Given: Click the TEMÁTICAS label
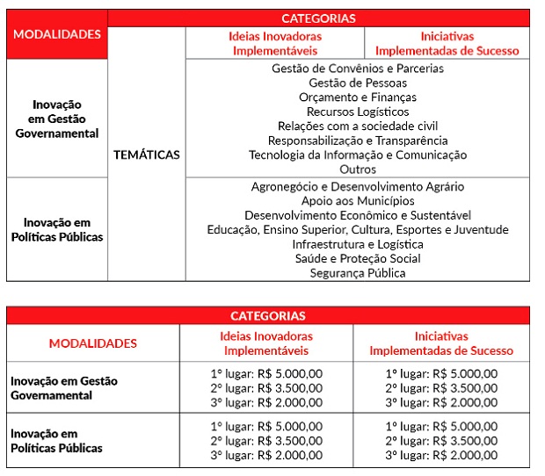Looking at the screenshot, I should [x=146, y=155].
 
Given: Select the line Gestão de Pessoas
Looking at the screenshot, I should [x=358, y=83].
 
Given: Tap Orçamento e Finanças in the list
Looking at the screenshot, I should [x=358, y=97].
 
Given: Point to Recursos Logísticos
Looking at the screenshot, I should [x=358, y=112].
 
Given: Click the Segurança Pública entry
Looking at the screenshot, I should [x=358, y=273].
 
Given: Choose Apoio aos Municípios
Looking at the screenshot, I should [x=358, y=201].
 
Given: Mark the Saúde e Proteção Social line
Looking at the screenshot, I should [x=358, y=258].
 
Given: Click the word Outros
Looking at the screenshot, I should [x=358, y=169].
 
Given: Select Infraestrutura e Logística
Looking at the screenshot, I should [x=358, y=244].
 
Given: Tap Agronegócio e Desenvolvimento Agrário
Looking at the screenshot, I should [x=358, y=187].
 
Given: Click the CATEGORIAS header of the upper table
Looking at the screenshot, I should [x=318, y=18].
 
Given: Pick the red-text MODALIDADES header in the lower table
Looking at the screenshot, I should [x=92, y=343].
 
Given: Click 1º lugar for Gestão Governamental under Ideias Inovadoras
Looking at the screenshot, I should [x=266, y=374].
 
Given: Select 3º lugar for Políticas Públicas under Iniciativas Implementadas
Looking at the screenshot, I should [x=441, y=455].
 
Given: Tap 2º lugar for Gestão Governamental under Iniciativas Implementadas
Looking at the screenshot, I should [x=441, y=388].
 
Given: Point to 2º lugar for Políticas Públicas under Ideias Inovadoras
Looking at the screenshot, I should [x=266, y=441].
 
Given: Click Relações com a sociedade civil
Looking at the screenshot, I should [x=358, y=126].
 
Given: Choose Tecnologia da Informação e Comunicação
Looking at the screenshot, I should [x=358, y=155].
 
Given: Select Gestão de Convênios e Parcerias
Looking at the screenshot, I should [x=358, y=69].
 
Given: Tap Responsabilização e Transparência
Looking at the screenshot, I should [x=358, y=141].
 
